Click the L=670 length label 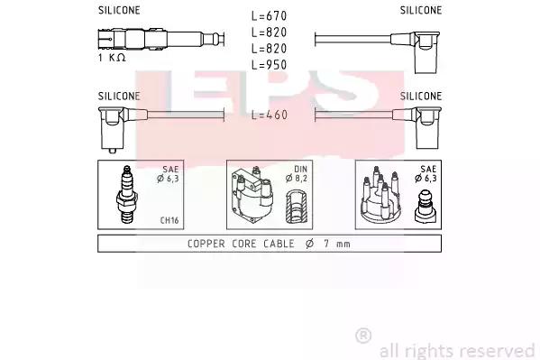tap(269, 16)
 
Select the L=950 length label tap(269, 65)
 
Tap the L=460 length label tap(270, 115)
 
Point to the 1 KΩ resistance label tap(112, 58)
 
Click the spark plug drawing tap(127, 194)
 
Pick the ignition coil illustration tap(252, 195)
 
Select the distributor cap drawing tap(380, 194)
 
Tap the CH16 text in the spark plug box tap(169, 220)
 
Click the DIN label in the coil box tap(300, 169)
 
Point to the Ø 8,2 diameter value tap(297, 179)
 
